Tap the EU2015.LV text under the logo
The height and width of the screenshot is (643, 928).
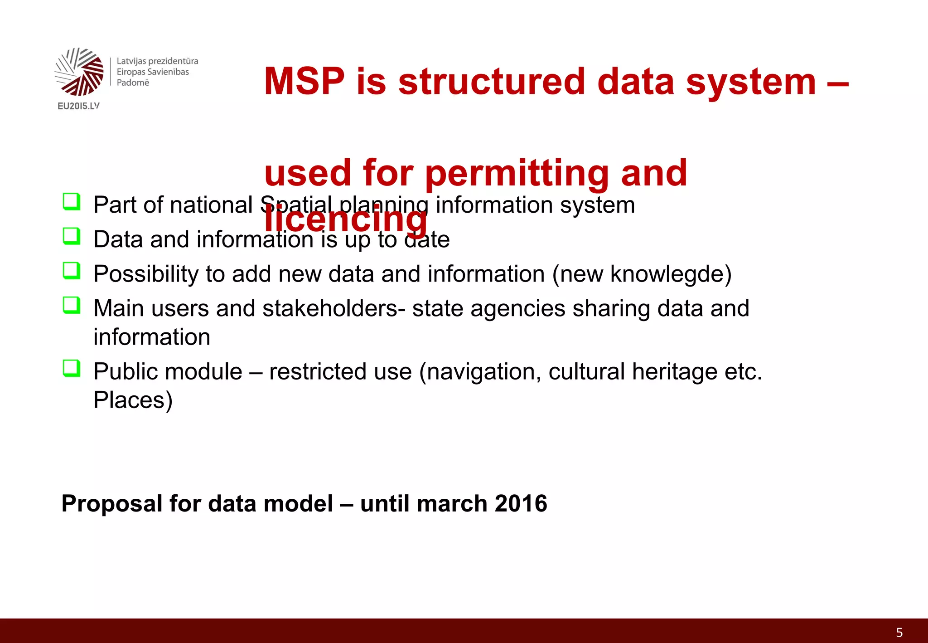(x=78, y=106)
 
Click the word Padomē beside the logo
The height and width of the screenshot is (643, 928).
(x=133, y=83)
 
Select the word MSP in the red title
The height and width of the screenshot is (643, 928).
(x=304, y=82)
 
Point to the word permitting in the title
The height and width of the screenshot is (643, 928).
(x=517, y=174)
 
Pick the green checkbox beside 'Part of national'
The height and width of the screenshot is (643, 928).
(x=72, y=202)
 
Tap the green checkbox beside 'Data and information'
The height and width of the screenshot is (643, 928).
(x=72, y=236)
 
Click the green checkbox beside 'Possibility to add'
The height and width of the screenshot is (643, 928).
(x=72, y=271)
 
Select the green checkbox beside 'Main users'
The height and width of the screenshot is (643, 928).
(x=72, y=305)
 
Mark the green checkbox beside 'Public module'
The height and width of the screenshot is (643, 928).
(x=72, y=368)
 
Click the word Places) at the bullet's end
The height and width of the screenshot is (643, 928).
(x=133, y=400)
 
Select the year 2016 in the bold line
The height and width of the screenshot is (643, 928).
(x=521, y=503)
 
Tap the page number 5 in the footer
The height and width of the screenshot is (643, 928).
(x=899, y=633)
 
